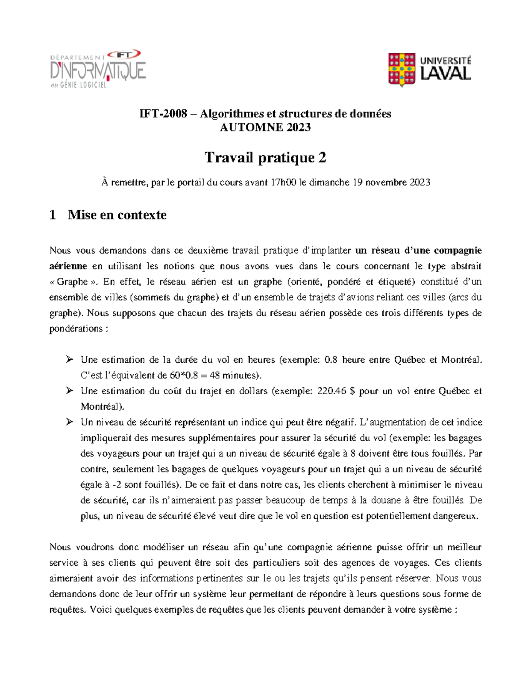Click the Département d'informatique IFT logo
point(97,69)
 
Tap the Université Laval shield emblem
point(401,69)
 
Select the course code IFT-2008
point(163,114)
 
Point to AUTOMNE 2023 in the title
point(265,127)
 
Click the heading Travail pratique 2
point(265,157)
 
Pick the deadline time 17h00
point(283,182)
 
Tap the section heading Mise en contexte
point(117,215)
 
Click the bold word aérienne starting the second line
point(68,266)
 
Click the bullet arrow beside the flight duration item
point(69,359)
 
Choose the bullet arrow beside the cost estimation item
point(69,391)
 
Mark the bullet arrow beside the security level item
point(69,422)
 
